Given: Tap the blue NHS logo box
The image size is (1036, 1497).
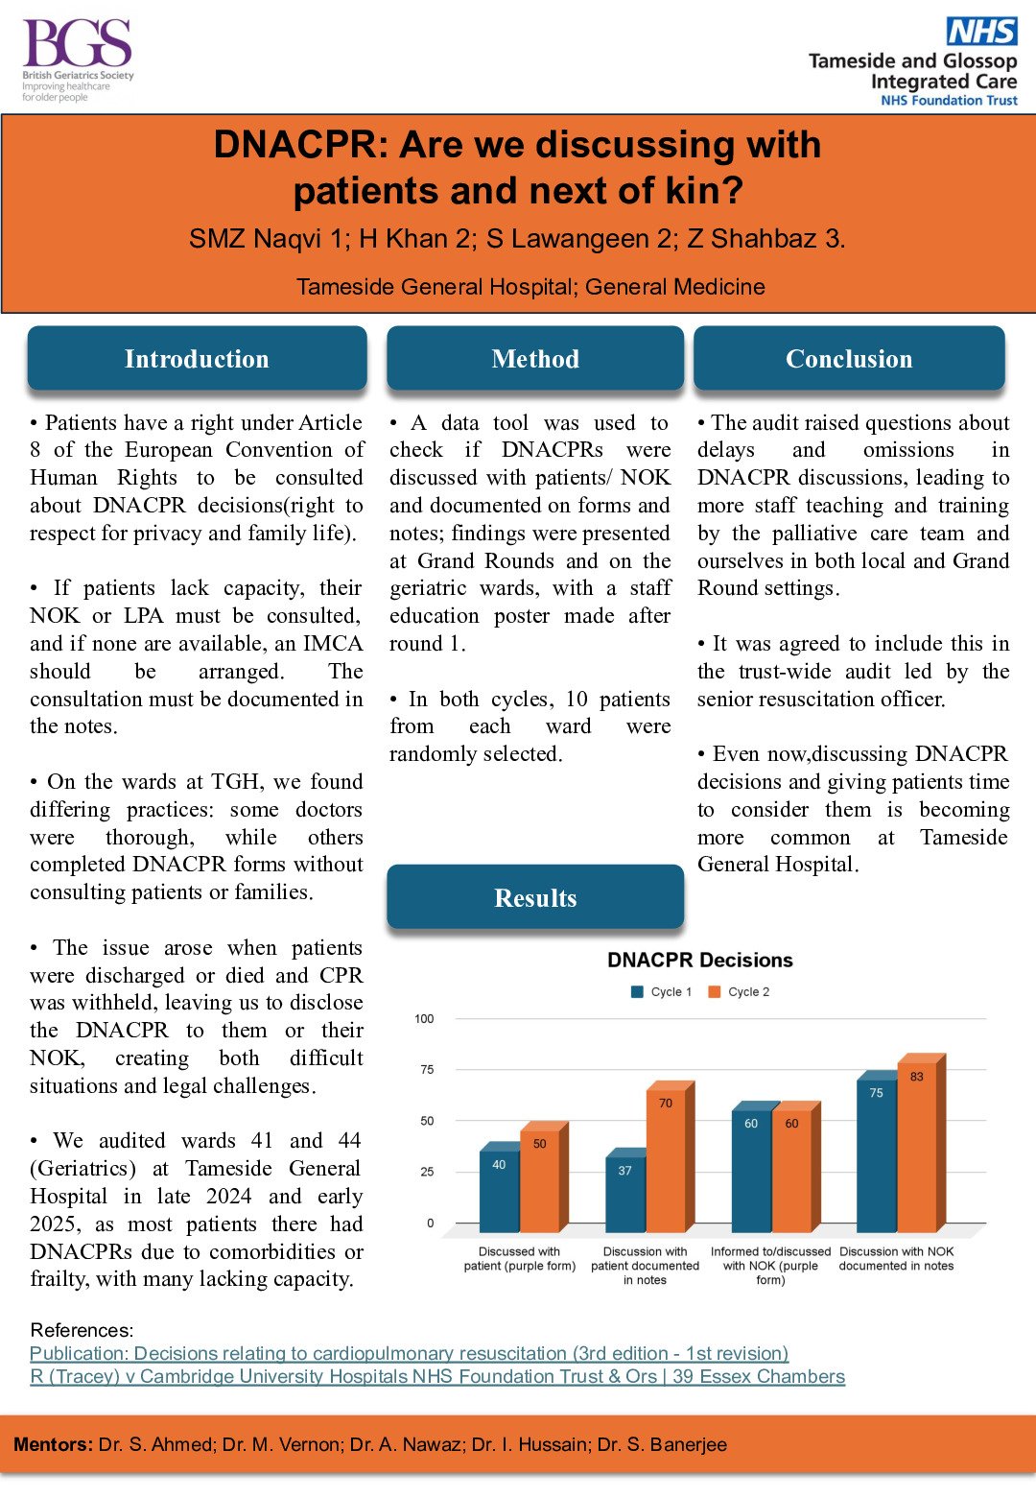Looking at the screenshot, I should [981, 31].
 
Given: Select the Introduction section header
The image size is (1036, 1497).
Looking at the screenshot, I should [197, 359].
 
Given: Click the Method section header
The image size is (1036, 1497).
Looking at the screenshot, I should [535, 359].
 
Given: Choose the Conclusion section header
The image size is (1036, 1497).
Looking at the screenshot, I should [849, 359].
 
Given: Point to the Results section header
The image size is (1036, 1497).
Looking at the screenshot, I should [535, 898].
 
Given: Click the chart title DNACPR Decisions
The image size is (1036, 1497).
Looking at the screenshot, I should [700, 961].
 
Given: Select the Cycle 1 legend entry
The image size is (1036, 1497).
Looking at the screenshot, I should [661, 992].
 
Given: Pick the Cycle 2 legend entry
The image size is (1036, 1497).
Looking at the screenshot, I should [739, 992].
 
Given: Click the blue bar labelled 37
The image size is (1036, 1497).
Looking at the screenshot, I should [625, 1195].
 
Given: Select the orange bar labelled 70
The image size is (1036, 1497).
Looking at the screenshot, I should [666, 1161].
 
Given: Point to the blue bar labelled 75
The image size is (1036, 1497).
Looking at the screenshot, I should [876, 1156].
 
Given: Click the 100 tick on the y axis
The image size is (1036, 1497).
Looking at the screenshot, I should [424, 1019].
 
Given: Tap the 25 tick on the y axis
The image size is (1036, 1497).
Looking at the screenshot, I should [427, 1172].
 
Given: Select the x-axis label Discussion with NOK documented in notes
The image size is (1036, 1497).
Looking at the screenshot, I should [896, 1259].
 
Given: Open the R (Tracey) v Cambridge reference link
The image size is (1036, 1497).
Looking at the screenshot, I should [437, 1377].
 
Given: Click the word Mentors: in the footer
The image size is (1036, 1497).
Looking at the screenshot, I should [53, 1445].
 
